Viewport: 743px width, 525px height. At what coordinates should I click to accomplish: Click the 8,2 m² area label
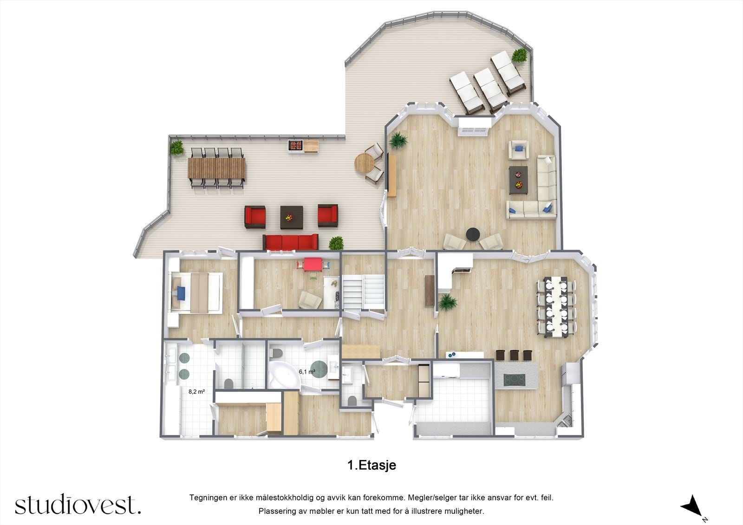(x=196, y=391)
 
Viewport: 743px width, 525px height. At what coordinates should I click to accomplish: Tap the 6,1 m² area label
(x=307, y=371)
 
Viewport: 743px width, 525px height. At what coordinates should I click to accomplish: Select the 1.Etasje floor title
(x=371, y=465)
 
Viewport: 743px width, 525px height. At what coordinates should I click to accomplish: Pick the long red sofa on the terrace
(x=290, y=242)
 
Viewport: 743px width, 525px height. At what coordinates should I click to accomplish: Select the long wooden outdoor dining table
(x=216, y=168)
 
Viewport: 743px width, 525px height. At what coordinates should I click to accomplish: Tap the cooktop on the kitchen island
(x=515, y=380)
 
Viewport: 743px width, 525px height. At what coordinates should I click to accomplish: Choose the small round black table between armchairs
(x=473, y=234)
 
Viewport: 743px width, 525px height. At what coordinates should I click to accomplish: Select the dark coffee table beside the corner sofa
(x=518, y=179)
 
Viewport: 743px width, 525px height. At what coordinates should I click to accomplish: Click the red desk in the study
(x=312, y=264)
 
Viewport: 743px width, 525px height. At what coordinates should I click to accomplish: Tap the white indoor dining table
(x=556, y=306)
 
